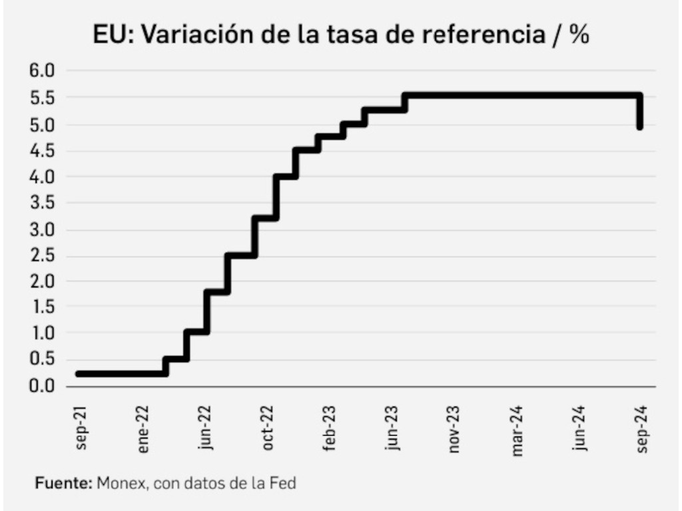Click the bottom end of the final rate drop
(639, 126)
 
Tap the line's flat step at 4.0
(285, 177)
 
